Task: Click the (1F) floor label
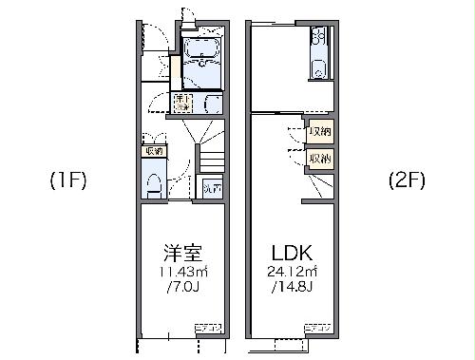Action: coord(68,180)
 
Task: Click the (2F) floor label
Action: coord(406,180)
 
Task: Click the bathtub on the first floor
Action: coord(201,54)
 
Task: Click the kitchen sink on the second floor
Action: coord(319,66)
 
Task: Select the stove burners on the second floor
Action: coord(320,38)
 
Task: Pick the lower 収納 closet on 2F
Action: coord(320,158)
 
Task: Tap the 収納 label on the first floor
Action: coord(153,150)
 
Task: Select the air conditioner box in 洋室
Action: coord(207,328)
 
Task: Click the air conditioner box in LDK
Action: coord(317,328)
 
